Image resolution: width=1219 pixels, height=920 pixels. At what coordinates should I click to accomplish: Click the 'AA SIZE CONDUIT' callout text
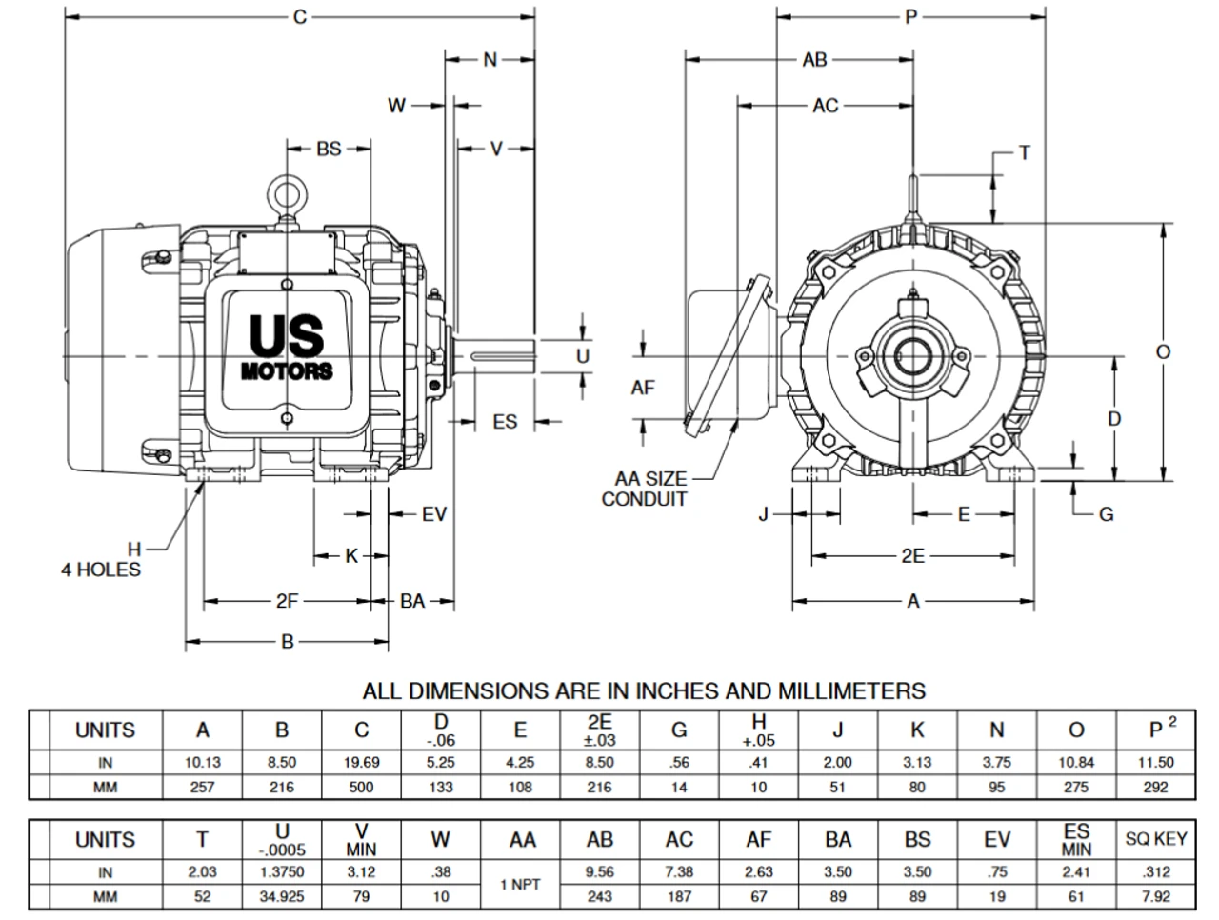point(644,490)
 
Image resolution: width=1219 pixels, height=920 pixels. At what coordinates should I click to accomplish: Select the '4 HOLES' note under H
point(101,570)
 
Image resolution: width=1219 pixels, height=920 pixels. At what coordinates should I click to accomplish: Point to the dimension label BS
point(329,150)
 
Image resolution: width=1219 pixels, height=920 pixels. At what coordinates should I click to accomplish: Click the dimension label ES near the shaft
point(504,421)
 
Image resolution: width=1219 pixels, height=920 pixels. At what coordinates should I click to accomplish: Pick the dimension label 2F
point(288,601)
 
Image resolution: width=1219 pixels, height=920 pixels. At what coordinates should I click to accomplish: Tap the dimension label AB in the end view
point(814,60)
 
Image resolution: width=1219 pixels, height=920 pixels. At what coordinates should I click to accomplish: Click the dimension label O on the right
point(1163,352)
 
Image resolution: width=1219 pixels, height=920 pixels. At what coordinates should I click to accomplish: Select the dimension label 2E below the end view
point(912,555)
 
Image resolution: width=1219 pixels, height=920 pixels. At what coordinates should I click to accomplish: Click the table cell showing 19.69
point(361,762)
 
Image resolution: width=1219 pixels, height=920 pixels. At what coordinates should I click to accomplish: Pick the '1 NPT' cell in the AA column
point(520,884)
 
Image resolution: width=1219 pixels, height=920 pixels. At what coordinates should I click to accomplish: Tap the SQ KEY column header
point(1155,839)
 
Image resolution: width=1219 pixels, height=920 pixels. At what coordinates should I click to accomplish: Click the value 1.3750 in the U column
point(282,871)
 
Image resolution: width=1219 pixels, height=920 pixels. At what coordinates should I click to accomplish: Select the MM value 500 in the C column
point(361,787)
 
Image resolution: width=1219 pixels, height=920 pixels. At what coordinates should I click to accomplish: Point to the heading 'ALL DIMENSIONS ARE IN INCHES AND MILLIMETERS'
point(644,690)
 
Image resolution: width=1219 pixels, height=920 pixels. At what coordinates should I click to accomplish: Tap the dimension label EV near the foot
point(434,514)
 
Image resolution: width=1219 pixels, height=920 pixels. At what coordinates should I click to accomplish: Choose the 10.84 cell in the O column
point(1075,762)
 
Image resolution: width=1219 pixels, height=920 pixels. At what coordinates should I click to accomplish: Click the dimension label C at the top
point(300,17)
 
